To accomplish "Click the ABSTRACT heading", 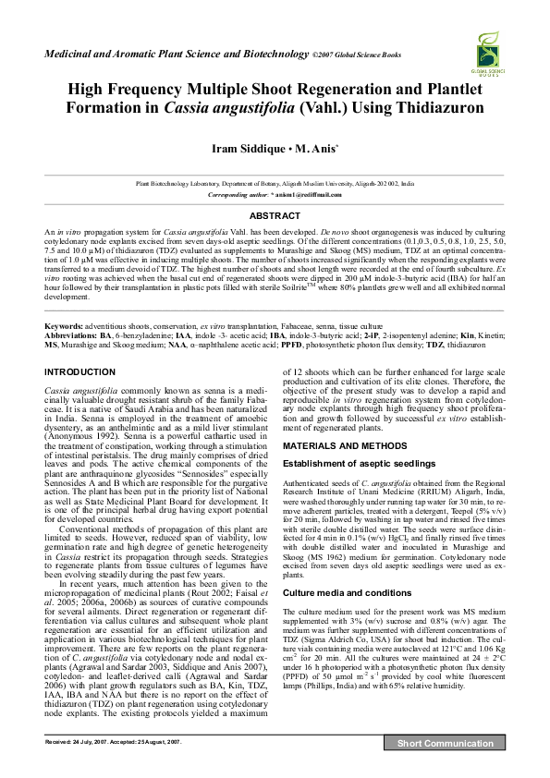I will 275,215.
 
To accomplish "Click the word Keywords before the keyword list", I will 64,327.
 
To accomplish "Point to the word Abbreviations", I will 71,335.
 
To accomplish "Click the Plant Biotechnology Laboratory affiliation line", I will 275,185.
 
